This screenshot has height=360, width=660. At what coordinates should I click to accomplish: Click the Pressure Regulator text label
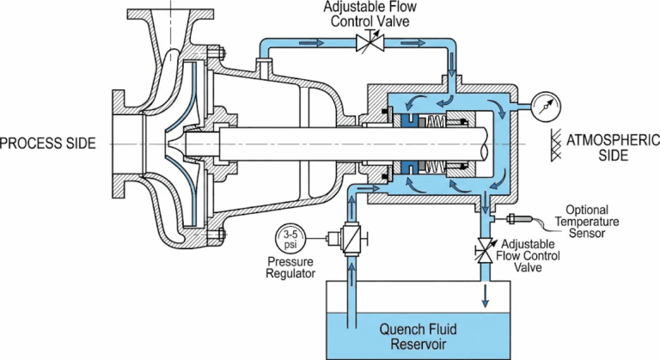click(290, 266)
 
